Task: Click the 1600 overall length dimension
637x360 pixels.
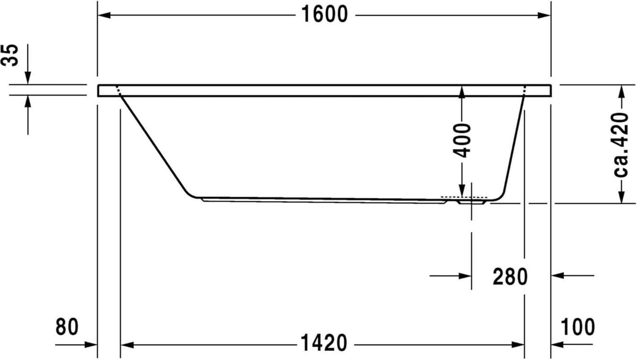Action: pyautogui.click(x=324, y=14)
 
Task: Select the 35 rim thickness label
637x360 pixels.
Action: pyautogui.click(x=9, y=55)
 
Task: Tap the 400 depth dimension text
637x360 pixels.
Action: pyautogui.click(x=462, y=140)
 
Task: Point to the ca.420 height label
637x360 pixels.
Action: pyautogui.click(x=621, y=145)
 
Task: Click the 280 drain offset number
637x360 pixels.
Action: pyautogui.click(x=510, y=277)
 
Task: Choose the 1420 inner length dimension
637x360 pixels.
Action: pyautogui.click(x=324, y=343)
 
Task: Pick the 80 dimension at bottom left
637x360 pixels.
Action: pyautogui.click(x=67, y=327)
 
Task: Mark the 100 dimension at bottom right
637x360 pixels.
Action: pyautogui.click(x=578, y=327)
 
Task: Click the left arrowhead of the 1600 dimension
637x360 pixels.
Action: pyautogui.click(x=104, y=15)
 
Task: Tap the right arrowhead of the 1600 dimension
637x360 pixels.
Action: pyautogui.click(x=544, y=15)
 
